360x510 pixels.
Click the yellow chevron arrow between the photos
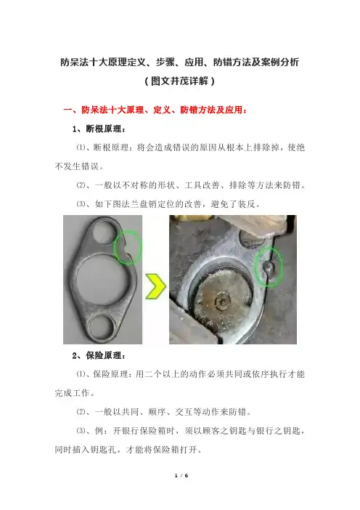[156, 286]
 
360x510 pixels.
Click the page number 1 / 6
[181, 476]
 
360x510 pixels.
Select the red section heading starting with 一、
[155, 110]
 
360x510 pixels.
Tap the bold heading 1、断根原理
[99, 129]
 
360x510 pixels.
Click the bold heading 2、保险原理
[99, 355]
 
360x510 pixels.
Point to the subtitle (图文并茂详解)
[180, 81]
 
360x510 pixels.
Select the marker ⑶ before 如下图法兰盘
[81, 204]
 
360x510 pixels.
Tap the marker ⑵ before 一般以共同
[81, 412]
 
